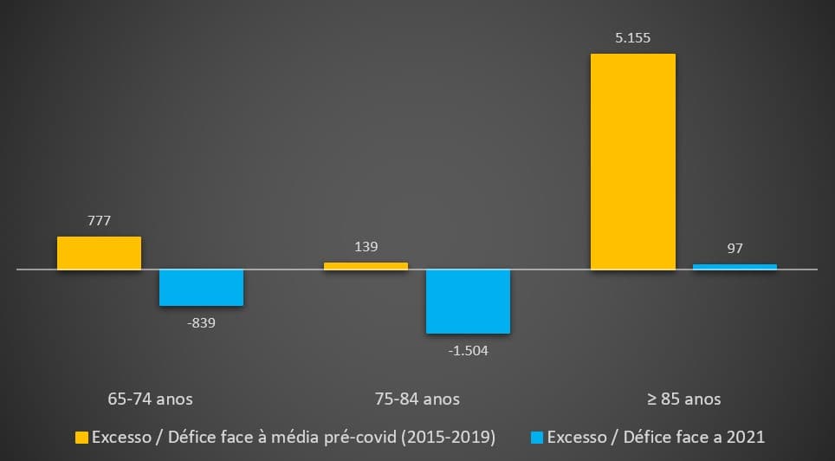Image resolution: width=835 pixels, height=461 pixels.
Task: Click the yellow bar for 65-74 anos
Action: coord(99,253)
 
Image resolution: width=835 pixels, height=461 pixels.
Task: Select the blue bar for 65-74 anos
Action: coord(201,288)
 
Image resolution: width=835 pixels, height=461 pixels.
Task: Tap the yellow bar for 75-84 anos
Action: coord(366,266)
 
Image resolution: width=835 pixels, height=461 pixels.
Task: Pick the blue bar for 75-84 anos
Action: coord(468,302)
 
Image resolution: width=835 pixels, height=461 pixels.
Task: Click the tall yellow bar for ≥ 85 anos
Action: coord(632,162)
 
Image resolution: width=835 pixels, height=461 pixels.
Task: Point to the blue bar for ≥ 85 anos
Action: coord(735,267)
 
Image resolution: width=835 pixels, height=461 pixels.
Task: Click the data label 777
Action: coord(99,221)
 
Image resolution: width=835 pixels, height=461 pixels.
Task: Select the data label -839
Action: coord(201,323)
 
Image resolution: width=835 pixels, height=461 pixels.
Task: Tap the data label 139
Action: coord(366,247)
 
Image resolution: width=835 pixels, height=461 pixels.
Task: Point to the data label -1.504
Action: coord(468,351)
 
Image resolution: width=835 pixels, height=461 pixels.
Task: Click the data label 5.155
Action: coord(632,38)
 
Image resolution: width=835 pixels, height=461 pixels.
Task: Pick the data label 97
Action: coord(735,249)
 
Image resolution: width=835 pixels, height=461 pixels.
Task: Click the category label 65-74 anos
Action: coord(151,399)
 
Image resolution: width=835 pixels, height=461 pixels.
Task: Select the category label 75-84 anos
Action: coord(417,399)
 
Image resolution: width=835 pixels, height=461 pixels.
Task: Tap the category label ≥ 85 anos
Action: coord(683,399)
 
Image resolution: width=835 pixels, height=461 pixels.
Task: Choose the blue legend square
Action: coord(539,438)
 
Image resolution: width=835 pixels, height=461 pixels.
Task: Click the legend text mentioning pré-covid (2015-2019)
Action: coord(294,438)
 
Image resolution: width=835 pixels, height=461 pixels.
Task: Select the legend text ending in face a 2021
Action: coord(657,438)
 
